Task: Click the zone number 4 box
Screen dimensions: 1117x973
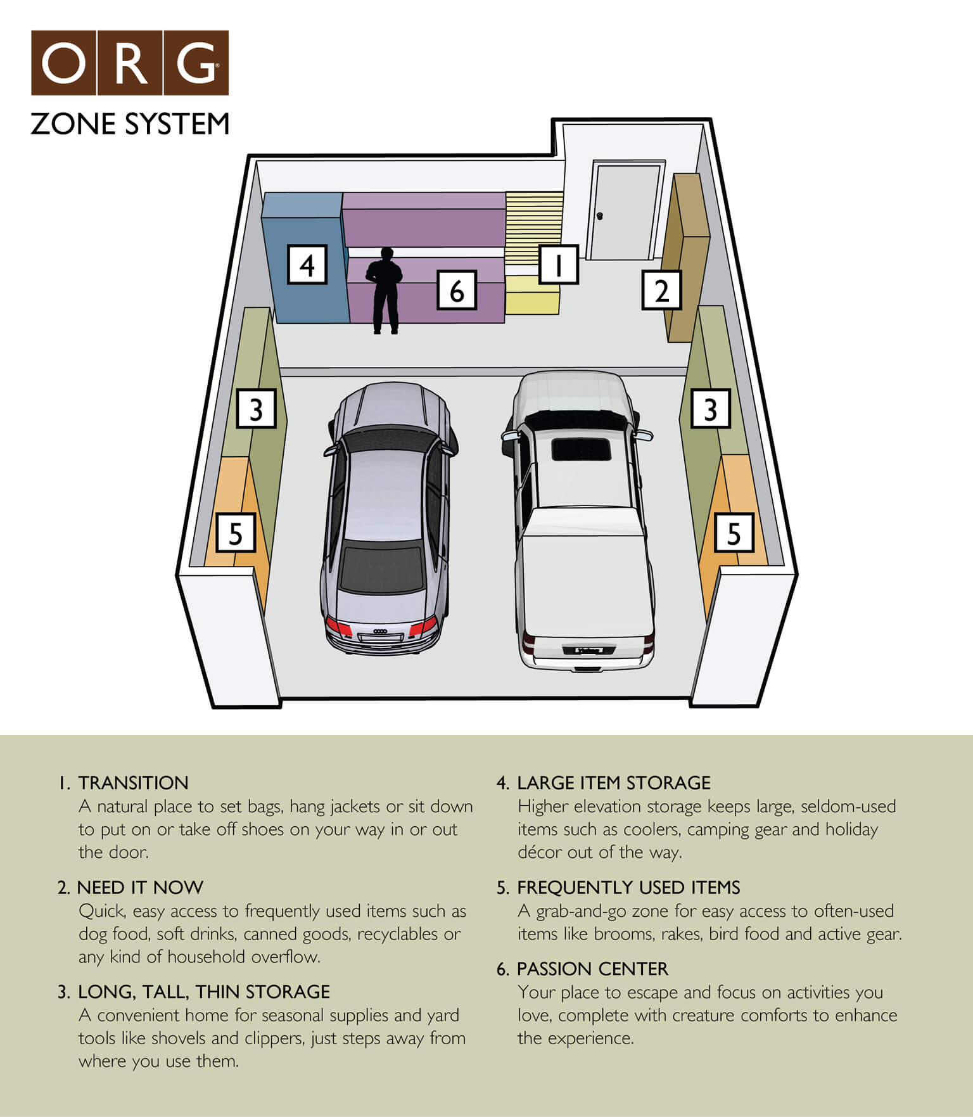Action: tap(307, 264)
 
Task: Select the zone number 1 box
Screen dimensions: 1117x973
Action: tap(558, 264)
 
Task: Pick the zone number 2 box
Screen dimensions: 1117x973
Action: tap(661, 290)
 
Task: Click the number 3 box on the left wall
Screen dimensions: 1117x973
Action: tap(256, 409)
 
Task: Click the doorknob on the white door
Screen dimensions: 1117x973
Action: tap(600, 216)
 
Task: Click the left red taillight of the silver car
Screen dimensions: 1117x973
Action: tap(339, 629)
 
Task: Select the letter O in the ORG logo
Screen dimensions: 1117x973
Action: tap(63, 63)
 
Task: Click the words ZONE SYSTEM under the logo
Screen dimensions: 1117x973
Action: tap(129, 124)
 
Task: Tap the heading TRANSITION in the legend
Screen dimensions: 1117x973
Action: tap(133, 783)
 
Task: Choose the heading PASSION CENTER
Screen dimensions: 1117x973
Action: tap(592, 969)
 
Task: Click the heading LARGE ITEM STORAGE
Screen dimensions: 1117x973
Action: tap(613, 783)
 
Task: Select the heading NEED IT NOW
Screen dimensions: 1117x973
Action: tap(140, 888)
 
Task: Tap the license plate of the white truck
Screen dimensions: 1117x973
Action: tap(589, 650)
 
